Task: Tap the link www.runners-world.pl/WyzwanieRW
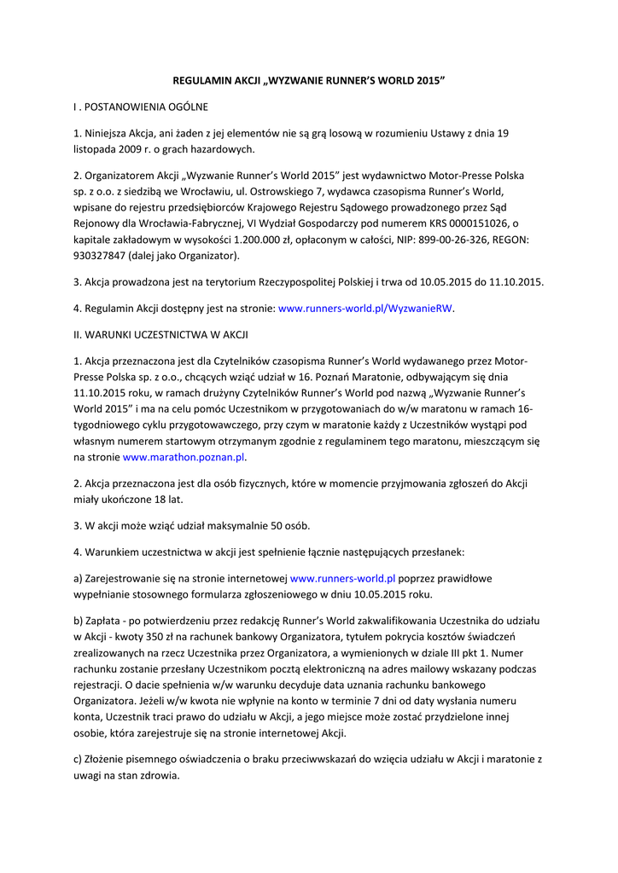366,308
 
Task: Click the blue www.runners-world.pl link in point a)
343,577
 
